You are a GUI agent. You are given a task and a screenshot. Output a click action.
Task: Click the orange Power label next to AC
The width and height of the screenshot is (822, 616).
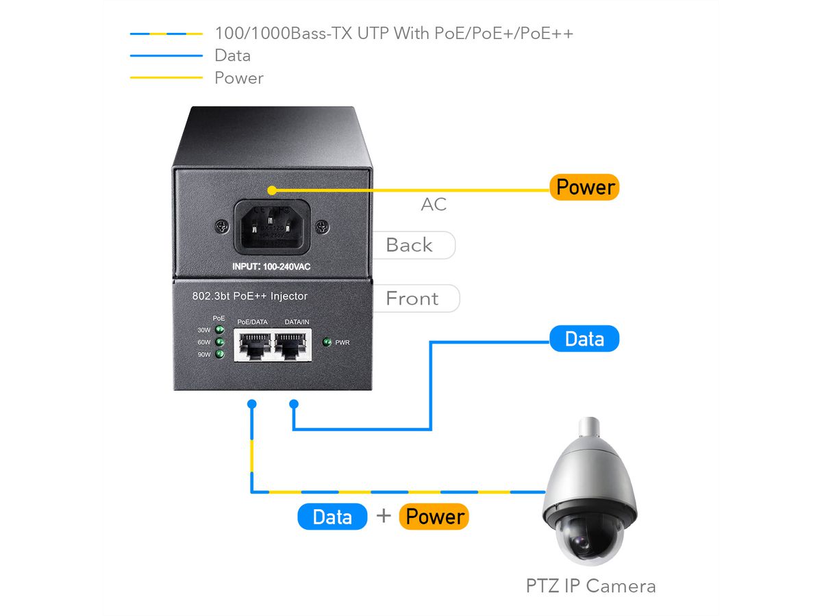click(x=584, y=187)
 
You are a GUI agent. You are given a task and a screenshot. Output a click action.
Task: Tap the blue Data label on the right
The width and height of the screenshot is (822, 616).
click(x=584, y=339)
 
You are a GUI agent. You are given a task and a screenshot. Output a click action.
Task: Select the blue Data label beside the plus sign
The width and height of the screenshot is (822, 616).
click(x=332, y=517)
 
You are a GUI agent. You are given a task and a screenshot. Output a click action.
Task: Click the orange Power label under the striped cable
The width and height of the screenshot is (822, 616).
click(x=435, y=517)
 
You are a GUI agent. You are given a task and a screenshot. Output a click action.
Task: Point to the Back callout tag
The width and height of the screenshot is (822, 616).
click(x=411, y=245)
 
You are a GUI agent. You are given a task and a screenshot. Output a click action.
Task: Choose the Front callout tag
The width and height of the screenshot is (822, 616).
click(x=413, y=298)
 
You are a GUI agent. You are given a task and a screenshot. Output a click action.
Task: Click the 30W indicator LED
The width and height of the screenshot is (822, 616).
click(x=220, y=330)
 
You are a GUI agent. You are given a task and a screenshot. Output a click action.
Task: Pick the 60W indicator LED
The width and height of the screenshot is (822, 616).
click(x=220, y=342)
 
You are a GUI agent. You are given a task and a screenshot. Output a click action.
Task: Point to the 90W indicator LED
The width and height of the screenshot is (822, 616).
click(x=220, y=355)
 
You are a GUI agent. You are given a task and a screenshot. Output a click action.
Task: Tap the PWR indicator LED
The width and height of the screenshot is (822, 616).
click(x=327, y=342)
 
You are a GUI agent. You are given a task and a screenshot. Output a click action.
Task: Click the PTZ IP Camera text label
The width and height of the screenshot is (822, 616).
click(x=590, y=586)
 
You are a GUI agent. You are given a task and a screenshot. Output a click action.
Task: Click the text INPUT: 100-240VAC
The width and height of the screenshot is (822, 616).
click(x=273, y=266)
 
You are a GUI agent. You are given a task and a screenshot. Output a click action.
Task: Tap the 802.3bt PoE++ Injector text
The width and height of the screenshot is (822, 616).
click(x=249, y=296)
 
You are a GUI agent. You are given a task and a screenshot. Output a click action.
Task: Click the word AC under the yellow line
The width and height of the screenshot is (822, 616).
click(x=434, y=204)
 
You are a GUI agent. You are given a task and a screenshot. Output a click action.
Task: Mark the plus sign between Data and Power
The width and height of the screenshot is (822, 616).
click(x=384, y=516)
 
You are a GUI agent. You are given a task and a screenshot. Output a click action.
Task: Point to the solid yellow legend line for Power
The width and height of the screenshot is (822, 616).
click(x=166, y=77)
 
